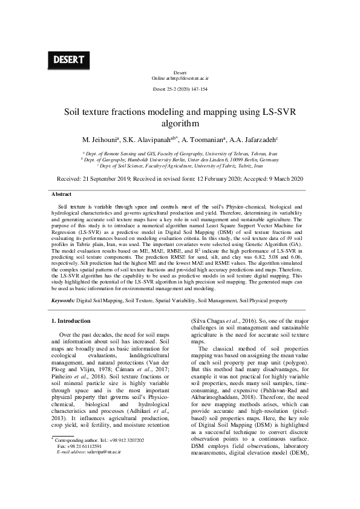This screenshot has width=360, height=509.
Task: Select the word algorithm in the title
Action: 180,124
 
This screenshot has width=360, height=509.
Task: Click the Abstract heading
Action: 61,194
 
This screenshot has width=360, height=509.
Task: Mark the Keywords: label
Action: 63,300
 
